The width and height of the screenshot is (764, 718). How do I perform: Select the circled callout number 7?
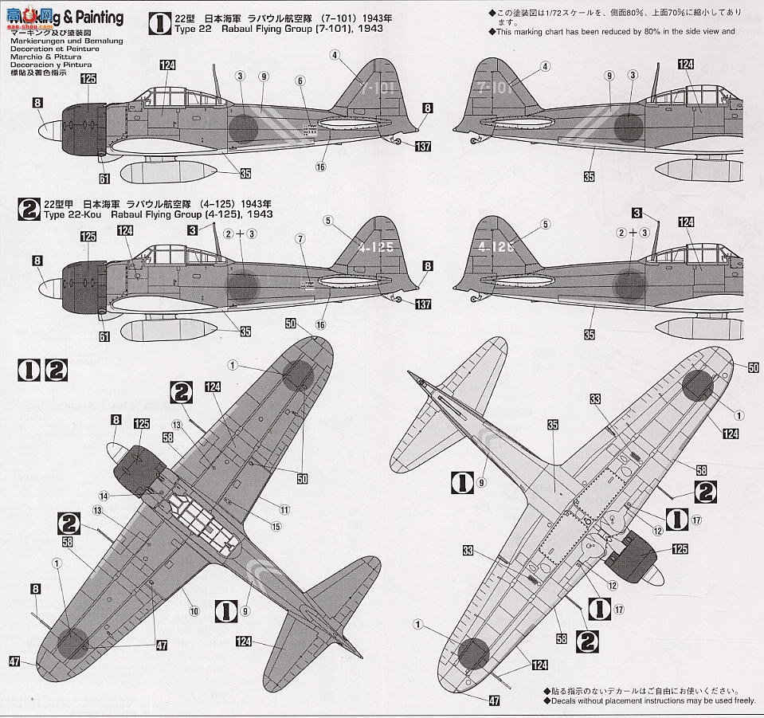click(x=300, y=238)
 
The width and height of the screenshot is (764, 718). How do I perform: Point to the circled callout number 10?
click(x=194, y=613)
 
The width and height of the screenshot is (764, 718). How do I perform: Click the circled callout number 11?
click(x=284, y=510)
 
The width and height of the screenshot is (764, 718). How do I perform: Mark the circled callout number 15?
click(x=276, y=526)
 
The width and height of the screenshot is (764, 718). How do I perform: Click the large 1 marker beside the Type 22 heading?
click(x=160, y=23)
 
